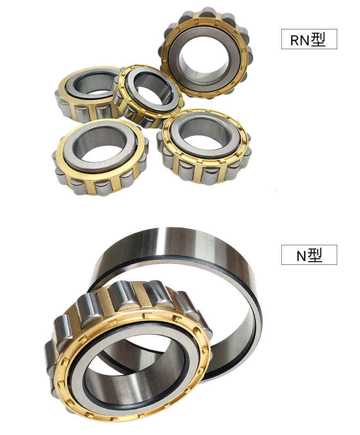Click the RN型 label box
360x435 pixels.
309,39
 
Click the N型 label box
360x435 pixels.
309,255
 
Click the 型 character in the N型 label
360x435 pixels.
315,255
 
